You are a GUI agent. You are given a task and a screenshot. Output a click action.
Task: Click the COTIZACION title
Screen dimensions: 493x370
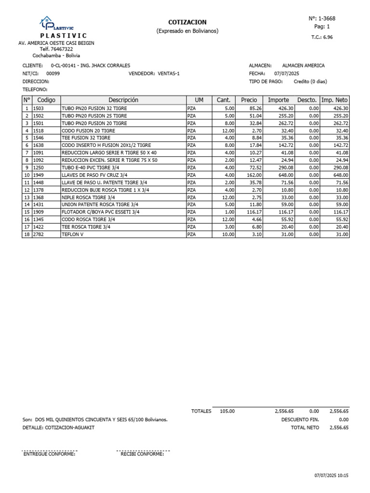pyautogui.click(x=187, y=22)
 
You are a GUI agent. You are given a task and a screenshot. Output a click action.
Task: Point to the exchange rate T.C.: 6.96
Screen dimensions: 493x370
pyautogui.click(x=322, y=37)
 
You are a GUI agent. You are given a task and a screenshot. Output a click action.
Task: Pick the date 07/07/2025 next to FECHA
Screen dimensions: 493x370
pyautogui.click(x=287, y=74)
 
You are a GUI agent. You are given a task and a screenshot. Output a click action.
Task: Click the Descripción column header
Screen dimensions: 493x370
pyautogui.click(x=123, y=100)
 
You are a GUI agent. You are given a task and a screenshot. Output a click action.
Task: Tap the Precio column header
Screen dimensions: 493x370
pyautogui.click(x=249, y=100)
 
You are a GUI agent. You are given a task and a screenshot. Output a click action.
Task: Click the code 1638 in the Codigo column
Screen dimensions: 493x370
pyautogui.click(x=39, y=145)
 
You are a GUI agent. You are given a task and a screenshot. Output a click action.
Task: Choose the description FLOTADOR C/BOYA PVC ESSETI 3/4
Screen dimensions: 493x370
pyautogui.click(x=101, y=212)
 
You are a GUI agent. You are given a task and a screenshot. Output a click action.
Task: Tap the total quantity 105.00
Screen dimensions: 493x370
pyautogui.click(x=227, y=411)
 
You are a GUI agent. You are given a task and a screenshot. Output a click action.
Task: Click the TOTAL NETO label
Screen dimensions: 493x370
pyautogui.click(x=304, y=428)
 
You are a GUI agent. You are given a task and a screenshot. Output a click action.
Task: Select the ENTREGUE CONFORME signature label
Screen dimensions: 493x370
pyautogui.click(x=49, y=454)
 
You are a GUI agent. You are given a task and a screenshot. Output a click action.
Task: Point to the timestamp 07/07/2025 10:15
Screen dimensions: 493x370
pyautogui.click(x=331, y=475)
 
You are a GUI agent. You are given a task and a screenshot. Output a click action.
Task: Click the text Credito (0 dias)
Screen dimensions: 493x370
pyautogui.click(x=310, y=82)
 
